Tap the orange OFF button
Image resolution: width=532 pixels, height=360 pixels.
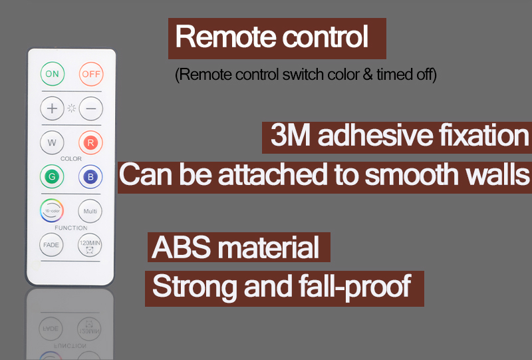(91, 74)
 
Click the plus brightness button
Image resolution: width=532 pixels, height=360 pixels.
(52, 108)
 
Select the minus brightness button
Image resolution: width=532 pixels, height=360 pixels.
(91, 108)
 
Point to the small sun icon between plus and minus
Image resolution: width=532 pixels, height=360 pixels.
(71, 108)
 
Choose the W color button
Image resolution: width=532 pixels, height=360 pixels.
(52, 142)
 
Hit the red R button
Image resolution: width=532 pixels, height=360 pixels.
(90, 142)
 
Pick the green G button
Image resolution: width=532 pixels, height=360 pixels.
(52, 176)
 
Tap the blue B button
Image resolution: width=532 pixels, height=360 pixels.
(90, 176)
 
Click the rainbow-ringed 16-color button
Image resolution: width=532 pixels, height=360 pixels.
(52, 210)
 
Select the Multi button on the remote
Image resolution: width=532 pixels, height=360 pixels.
(90, 211)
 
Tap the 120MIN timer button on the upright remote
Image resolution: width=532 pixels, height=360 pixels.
(90, 245)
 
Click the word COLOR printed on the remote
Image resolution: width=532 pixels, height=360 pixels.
(71, 158)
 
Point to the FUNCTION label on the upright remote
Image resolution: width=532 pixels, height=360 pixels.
(71, 228)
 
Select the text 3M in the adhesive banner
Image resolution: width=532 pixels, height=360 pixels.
(291, 135)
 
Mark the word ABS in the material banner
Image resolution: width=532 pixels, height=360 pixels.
(181, 248)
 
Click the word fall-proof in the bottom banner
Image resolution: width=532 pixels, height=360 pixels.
(355, 287)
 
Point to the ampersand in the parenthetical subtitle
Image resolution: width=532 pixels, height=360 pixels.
(368, 75)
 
